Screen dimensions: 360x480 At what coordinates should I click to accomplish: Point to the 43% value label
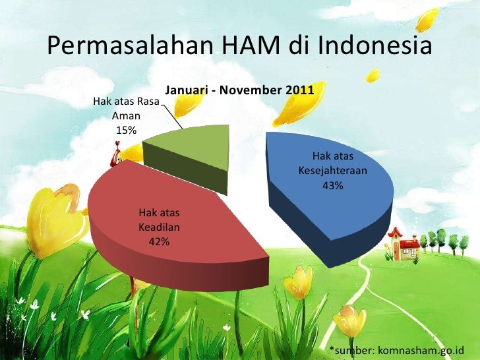click(x=332, y=186)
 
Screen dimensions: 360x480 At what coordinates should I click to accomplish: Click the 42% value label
click(x=159, y=242)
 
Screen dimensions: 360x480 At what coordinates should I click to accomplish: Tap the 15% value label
click(x=126, y=130)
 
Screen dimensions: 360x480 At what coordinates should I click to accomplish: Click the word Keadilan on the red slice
click(x=159, y=227)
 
